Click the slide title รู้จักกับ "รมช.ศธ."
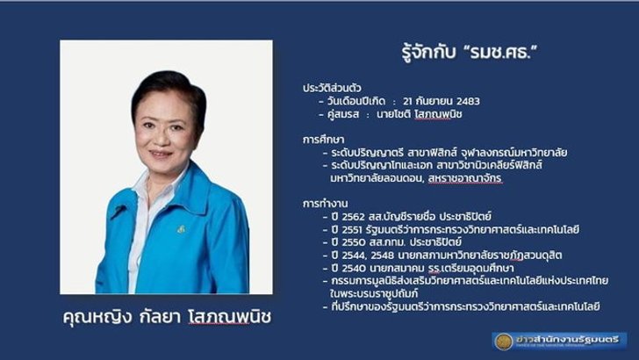point(470,52)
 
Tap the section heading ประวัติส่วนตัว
point(332,88)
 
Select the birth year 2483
point(468,101)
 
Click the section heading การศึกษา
point(323,140)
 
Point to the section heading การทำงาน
point(325,204)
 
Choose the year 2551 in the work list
point(352,229)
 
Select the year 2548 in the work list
point(383,256)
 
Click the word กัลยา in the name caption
point(160,317)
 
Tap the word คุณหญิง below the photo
point(97,317)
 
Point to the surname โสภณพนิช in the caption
point(230,317)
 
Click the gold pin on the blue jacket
point(181,229)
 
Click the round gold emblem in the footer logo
point(503,342)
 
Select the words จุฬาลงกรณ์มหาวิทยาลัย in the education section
point(513,153)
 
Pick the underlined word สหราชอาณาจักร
point(465,178)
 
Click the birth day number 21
point(407,101)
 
